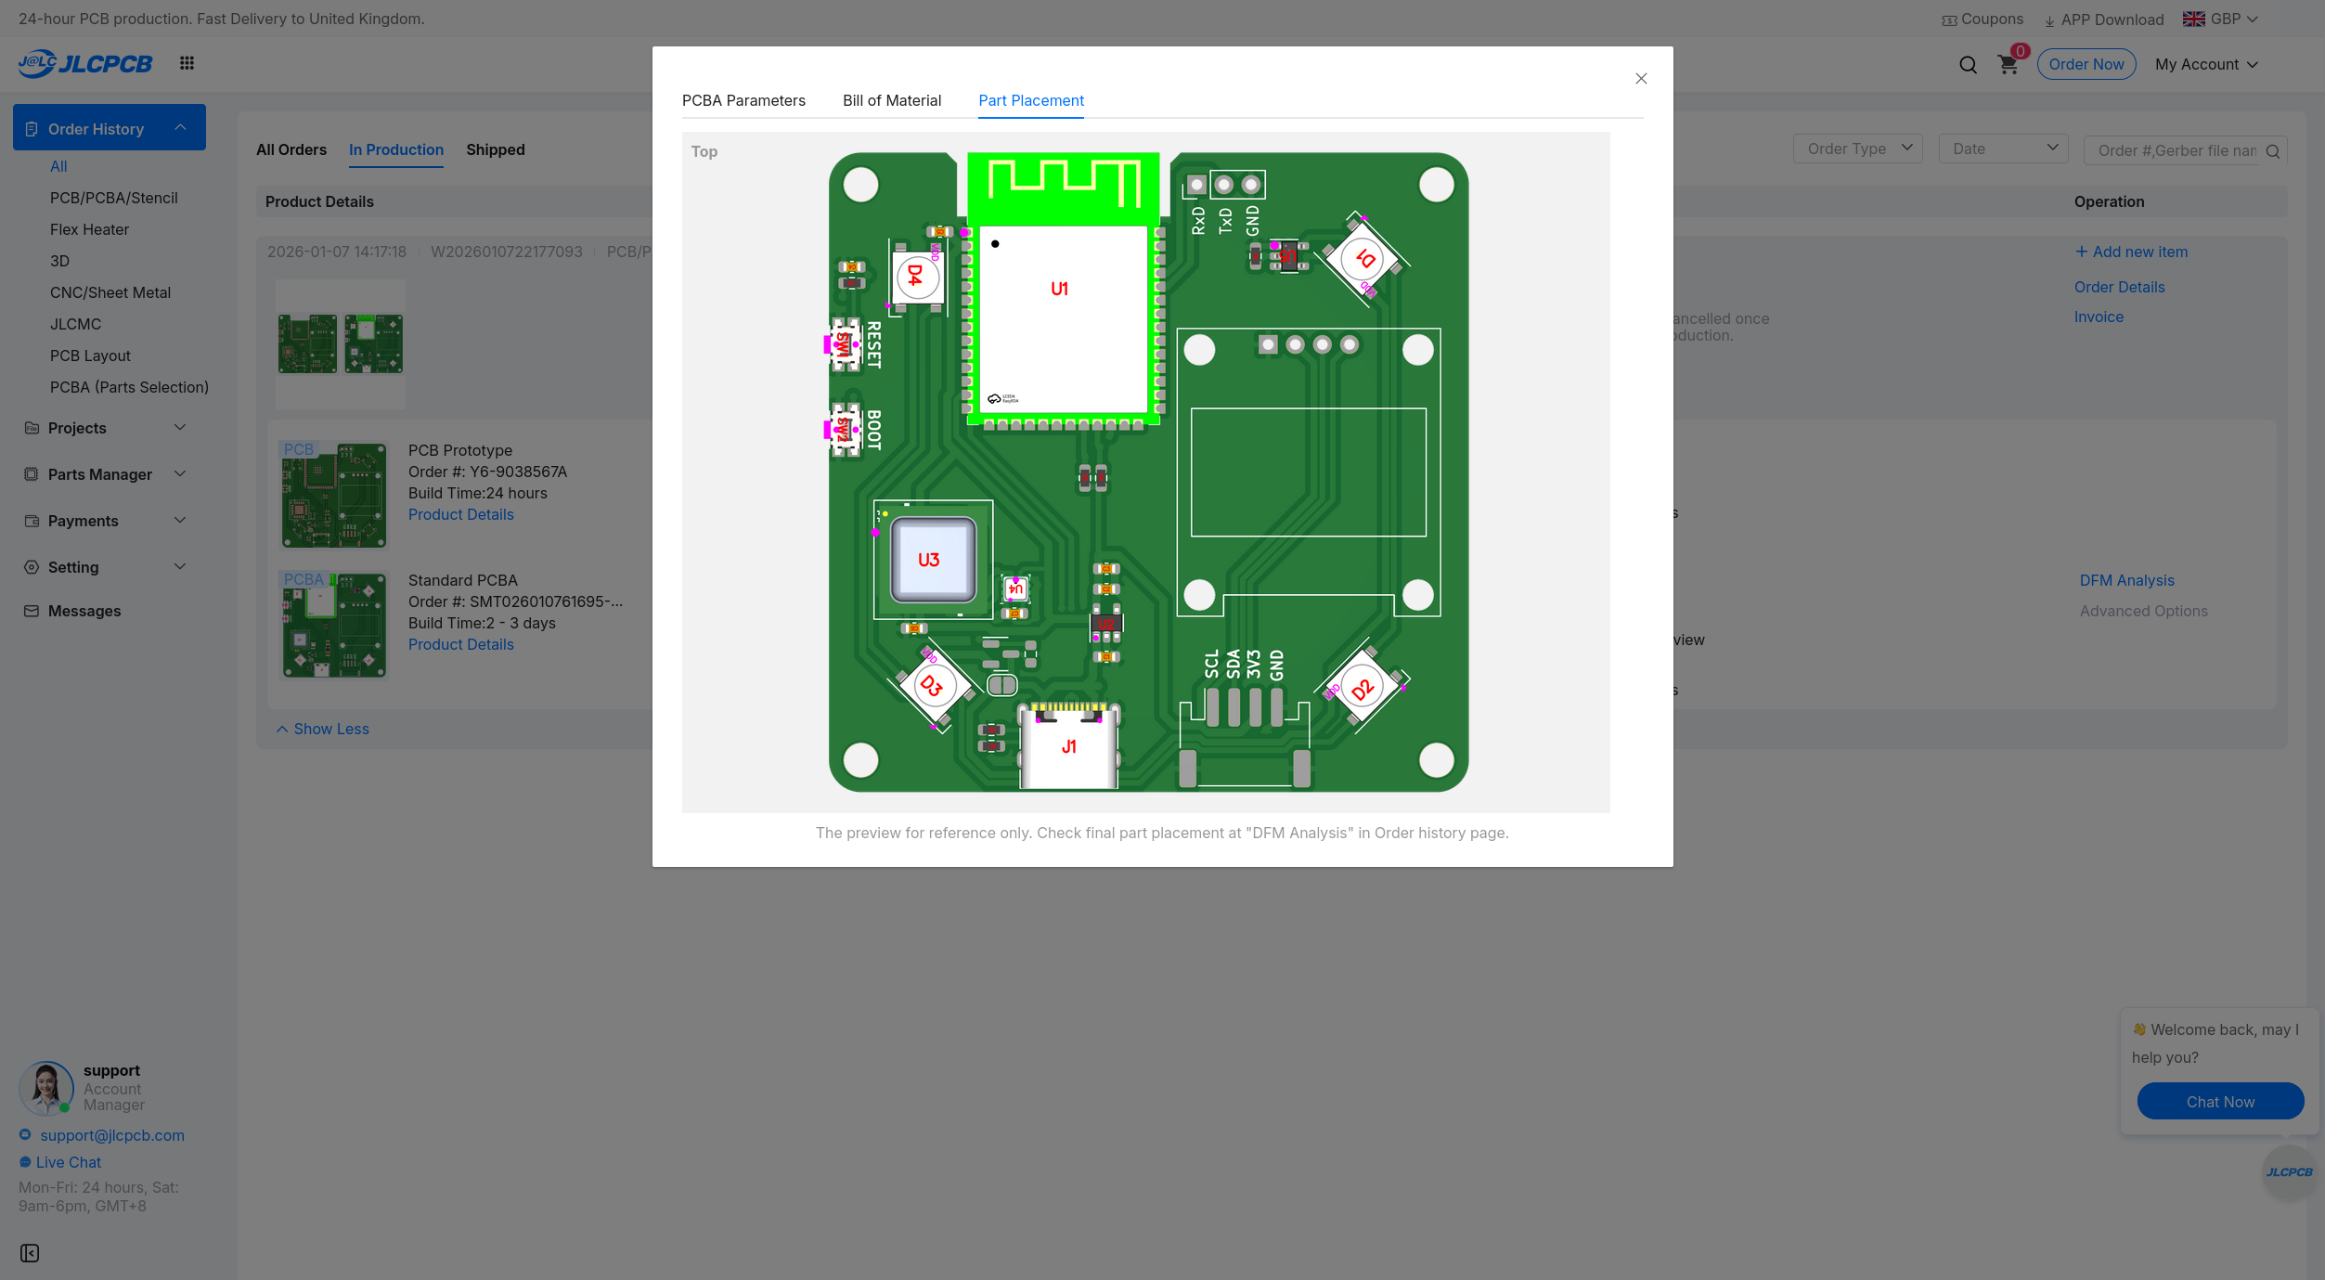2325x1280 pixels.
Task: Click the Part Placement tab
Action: (1030, 100)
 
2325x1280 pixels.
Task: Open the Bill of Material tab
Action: (891, 100)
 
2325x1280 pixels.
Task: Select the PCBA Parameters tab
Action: (743, 100)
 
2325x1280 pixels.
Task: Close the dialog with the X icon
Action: (1640, 79)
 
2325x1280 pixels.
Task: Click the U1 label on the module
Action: (1059, 289)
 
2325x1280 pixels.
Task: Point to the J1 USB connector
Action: (1068, 747)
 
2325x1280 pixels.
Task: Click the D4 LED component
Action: (916, 276)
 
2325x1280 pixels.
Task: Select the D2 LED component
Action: (1362, 689)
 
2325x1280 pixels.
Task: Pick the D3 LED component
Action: (932, 686)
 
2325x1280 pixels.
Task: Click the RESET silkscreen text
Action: (873, 345)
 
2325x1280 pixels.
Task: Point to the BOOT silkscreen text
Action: (873, 430)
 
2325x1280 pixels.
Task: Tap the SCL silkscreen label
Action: (1211, 664)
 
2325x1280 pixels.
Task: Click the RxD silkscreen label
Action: (1197, 220)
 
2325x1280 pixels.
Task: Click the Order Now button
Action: (2086, 64)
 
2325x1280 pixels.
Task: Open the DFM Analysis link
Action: (2126, 580)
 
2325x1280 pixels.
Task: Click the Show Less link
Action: (330, 729)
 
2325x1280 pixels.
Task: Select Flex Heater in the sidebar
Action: (89, 229)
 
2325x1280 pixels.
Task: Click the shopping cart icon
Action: (2008, 65)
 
